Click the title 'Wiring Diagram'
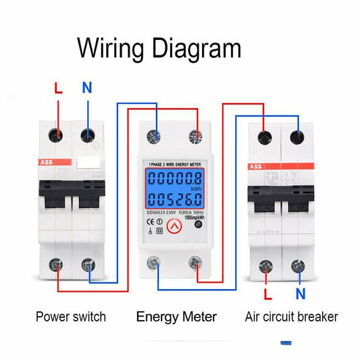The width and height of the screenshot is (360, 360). point(159,48)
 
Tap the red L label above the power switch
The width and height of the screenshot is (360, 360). point(58,88)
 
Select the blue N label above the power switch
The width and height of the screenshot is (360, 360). point(86,88)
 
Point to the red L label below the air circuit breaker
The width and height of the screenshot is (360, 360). point(267,294)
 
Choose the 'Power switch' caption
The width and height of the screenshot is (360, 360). point(70,316)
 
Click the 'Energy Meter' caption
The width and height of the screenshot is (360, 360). point(176,316)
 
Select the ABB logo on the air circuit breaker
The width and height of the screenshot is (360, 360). point(256,167)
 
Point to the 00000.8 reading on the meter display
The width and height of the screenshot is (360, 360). point(174,180)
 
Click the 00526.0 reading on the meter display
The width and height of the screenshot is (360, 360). point(174,199)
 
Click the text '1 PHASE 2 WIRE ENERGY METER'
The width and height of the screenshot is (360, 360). point(177,164)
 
